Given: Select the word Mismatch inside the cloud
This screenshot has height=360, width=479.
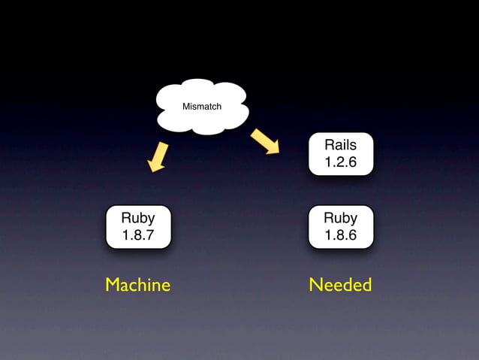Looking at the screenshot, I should tap(202, 107).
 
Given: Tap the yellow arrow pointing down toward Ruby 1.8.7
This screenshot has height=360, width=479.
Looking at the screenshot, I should tap(158, 156).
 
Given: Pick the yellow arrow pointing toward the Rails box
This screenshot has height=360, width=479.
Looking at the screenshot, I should tap(265, 141).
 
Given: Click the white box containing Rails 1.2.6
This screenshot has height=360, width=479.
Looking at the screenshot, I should tap(340, 153).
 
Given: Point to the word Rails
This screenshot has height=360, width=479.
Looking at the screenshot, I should tap(340, 145).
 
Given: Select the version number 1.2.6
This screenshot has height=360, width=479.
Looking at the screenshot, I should tap(340, 162).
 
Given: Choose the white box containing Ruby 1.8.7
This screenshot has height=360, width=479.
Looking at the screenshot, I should tap(138, 226).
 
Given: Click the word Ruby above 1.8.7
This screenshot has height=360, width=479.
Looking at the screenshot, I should tap(138, 218).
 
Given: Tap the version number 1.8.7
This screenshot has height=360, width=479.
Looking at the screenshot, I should tap(138, 235).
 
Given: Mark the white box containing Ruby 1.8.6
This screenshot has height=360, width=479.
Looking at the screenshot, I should tap(340, 226).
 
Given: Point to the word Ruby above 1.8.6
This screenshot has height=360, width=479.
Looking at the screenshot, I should tap(340, 218).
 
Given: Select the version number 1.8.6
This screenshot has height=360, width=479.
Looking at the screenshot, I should tap(340, 235).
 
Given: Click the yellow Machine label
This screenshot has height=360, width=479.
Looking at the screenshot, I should tap(138, 285).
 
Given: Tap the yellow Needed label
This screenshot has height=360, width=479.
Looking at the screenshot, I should tap(340, 285).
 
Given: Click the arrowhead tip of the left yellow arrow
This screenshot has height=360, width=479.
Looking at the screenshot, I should tap(153, 171).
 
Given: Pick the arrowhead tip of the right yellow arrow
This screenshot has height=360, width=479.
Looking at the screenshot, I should tap(278, 153).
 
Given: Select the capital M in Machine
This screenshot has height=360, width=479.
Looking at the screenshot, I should tap(113, 285).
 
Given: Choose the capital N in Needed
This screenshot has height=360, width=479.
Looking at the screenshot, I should tap(315, 285).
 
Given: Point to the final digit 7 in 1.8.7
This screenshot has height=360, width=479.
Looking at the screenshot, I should tap(150, 235).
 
